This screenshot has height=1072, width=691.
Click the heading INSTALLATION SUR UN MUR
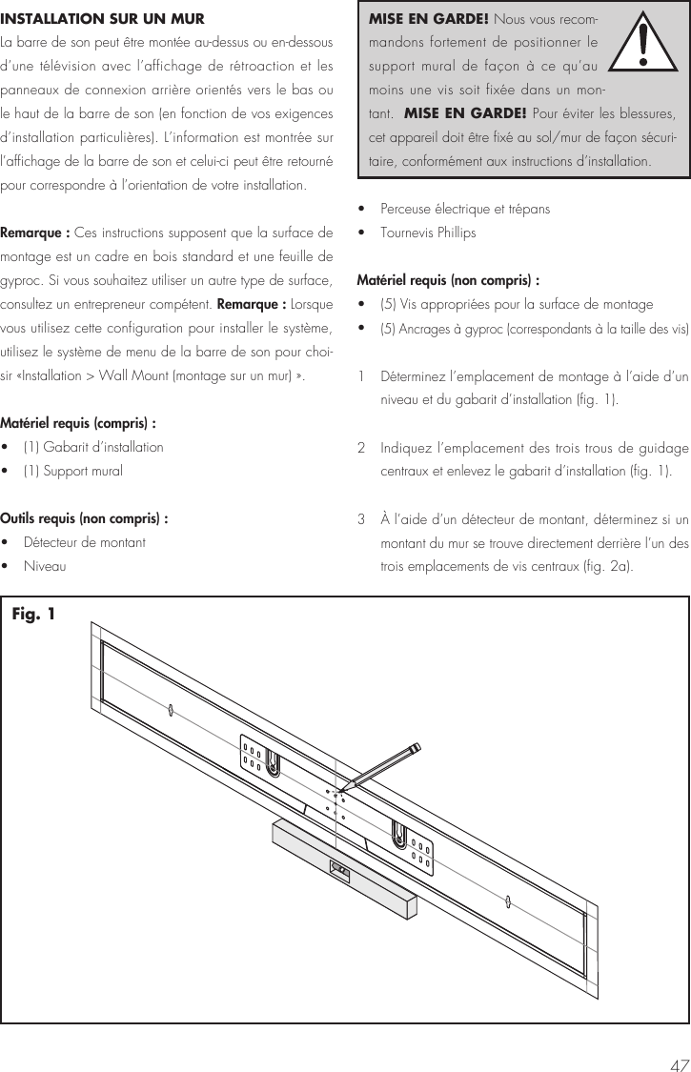[102, 18]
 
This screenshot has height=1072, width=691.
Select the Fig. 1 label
[33, 614]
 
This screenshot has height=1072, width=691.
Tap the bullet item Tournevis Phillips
[428, 233]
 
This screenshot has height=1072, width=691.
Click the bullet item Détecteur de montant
[85, 542]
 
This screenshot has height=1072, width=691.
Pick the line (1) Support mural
[72, 471]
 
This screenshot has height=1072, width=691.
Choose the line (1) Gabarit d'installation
[93, 447]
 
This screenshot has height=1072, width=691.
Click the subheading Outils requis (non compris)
[85, 518]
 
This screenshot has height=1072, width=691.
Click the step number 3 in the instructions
[361, 519]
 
